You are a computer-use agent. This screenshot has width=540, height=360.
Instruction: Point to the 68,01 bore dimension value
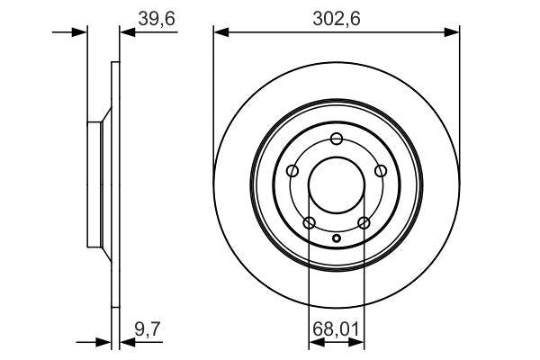[x=337, y=330]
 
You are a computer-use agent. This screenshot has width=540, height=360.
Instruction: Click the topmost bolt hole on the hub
[x=337, y=139]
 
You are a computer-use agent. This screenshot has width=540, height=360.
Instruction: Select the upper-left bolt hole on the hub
[x=292, y=171]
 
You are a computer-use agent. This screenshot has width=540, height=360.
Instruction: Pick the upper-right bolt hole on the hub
[x=381, y=171]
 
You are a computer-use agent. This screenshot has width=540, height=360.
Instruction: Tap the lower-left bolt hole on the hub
[x=309, y=223]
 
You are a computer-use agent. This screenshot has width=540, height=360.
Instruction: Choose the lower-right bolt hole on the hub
[x=364, y=223]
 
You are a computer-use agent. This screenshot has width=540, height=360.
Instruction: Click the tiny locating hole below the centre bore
[x=337, y=238]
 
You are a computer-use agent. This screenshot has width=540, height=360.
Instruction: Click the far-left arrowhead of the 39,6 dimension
[x=82, y=33]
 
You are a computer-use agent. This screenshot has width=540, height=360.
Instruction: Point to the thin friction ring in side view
[x=114, y=185]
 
